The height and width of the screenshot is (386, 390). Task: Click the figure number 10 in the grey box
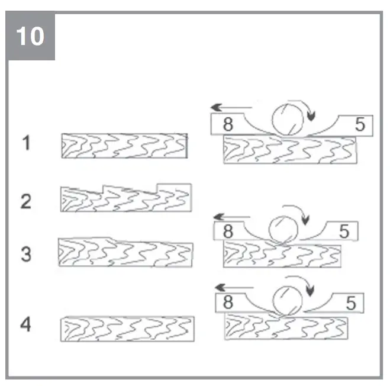(x=30, y=36)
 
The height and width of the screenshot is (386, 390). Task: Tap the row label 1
(x=25, y=143)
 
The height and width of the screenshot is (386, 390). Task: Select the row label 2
(x=25, y=201)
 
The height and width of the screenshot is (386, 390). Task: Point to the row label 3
(x=25, y=255)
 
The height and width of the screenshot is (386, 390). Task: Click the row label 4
(x=25, y=325)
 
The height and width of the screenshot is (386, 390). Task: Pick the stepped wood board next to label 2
(x=125, y=198)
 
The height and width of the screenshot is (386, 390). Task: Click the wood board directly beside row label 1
(x=124, y=146)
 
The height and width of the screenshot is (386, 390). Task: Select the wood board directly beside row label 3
(x=125, y=253)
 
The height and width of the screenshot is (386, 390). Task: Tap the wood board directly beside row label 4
(x=127, y=329)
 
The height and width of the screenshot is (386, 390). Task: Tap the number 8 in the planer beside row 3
(x=228, y=231)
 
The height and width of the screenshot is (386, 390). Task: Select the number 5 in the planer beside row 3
(x=344, y=231)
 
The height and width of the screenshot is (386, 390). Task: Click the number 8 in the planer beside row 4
(x=229, y=303)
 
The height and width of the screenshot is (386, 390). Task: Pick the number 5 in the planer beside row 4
(x=350, y=304)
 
